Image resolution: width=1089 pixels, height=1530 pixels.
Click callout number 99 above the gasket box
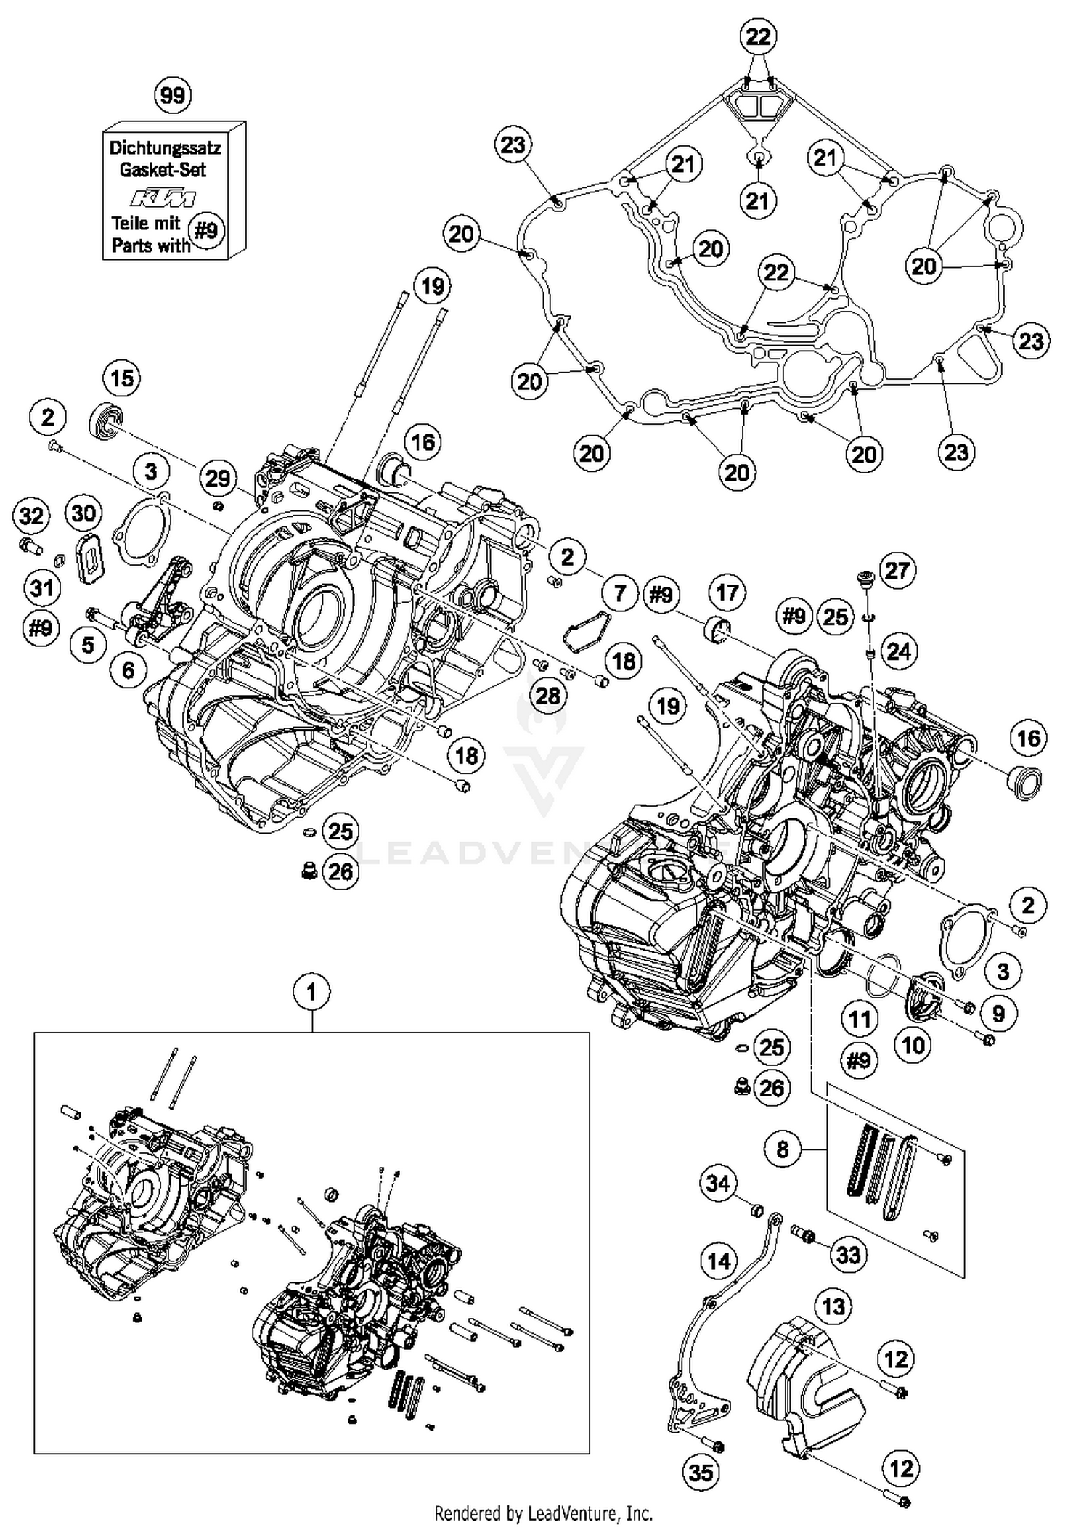coord(173,95)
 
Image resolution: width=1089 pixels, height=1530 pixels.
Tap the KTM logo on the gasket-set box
coord(163,198)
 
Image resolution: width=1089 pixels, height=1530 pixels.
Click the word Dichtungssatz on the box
coord(165,148)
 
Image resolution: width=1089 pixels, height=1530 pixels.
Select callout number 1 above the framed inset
coord(311,991)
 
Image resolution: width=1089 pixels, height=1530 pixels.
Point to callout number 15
coord(121,378)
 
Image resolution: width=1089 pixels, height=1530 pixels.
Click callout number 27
coord(897,570)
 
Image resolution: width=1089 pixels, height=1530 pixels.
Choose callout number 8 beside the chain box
coord(782,1149)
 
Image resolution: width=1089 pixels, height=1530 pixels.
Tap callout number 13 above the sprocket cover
coord(833,1306)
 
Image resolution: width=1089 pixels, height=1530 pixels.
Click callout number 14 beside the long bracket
coord(719,1261)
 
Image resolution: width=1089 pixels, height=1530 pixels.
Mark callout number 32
coord(31,516)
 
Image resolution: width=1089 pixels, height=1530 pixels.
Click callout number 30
coord(83,513)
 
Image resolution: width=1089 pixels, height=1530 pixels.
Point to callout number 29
coord(217,478)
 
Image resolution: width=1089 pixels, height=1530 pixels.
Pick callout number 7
coord(619,593)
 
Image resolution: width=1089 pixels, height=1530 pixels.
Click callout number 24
coord(898,651)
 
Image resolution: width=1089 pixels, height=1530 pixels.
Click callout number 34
coord(717,1184)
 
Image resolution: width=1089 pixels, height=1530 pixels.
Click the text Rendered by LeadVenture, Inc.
coord(543,1513)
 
